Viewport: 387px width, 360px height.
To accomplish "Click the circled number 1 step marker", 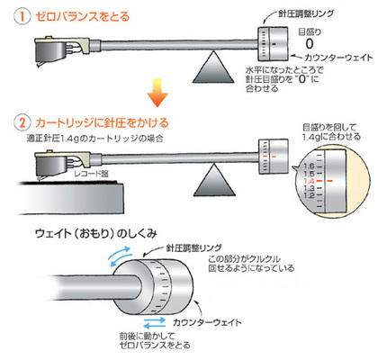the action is (22, 16).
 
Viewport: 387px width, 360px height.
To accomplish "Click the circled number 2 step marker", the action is (22, 123).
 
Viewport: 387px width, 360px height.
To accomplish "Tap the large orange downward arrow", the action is (157, 93).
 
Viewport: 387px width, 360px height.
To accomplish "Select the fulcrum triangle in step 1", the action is (213, 67).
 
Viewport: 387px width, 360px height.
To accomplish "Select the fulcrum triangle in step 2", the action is (214, 180).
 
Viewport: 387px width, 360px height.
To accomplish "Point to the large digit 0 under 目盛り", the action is (309, 44).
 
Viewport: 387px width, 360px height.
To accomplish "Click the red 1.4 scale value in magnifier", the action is (309, 181).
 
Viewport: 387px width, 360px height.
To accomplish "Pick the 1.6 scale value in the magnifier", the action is (309, 166).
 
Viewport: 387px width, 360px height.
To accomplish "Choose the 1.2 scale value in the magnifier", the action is (309, 195).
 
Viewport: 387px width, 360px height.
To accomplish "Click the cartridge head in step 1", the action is (61, 50).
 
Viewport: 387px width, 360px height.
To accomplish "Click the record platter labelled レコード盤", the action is (69, 197).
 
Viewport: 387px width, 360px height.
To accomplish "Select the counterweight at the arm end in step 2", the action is (274, 157).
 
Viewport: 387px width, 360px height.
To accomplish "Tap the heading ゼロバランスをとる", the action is (83, 16).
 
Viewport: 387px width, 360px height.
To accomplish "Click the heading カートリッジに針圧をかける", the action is (102, 123).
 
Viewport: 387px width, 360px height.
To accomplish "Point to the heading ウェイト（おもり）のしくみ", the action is (96, 234).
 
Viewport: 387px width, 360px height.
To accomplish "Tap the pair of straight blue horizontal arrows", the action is (155, 323).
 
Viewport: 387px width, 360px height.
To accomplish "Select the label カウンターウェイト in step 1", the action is (338, 58).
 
